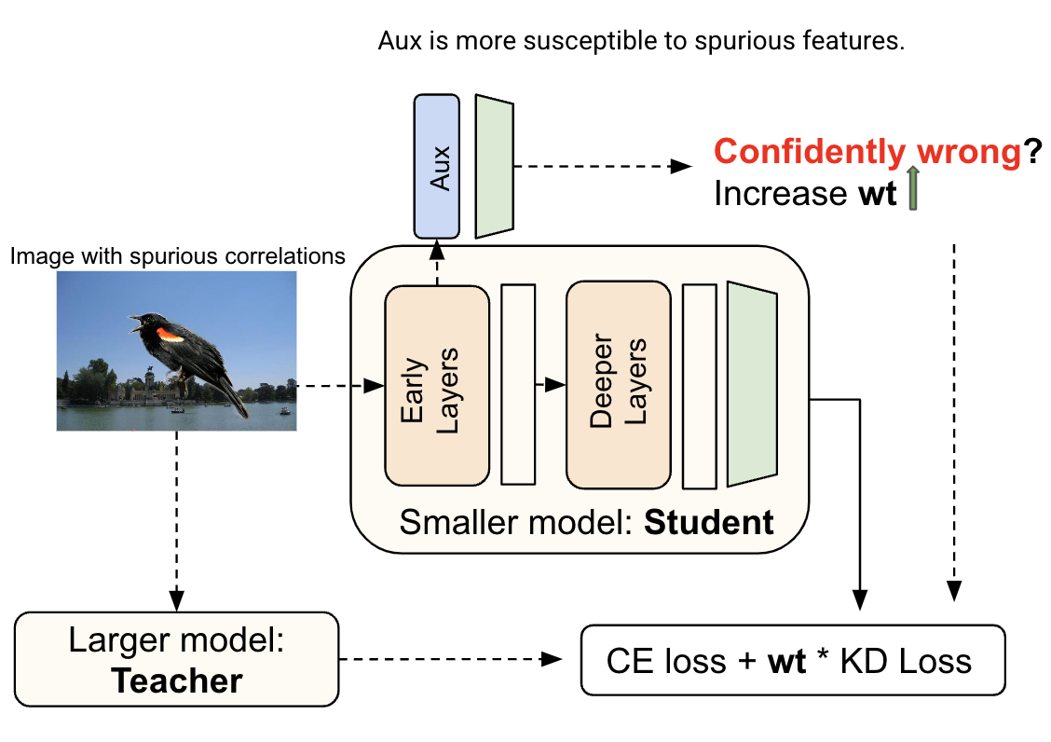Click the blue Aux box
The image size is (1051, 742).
436,165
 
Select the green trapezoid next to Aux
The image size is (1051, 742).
495,165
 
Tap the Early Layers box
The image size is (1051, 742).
436,386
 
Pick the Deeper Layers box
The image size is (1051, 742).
618,386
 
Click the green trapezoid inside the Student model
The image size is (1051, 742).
752,384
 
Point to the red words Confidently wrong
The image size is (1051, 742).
867,152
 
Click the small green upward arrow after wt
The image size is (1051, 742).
913,189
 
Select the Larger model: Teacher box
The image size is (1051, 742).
177,658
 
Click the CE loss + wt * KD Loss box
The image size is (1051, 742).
792,660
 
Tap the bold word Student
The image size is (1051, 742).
708,522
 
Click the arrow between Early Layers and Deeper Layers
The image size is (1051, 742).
551,385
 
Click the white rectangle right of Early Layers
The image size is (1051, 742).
518,384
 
